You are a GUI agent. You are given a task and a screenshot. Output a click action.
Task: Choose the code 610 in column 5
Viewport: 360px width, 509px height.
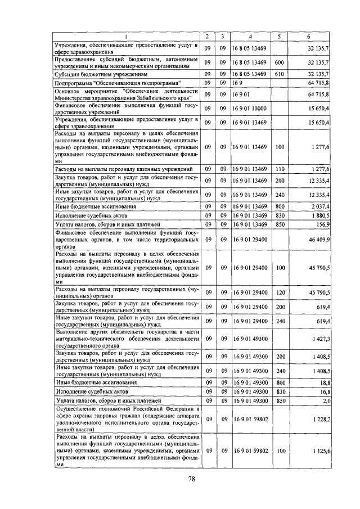(x=279, y=74)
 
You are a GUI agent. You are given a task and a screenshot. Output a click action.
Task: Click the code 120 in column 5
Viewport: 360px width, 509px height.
(x=279, y=292)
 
